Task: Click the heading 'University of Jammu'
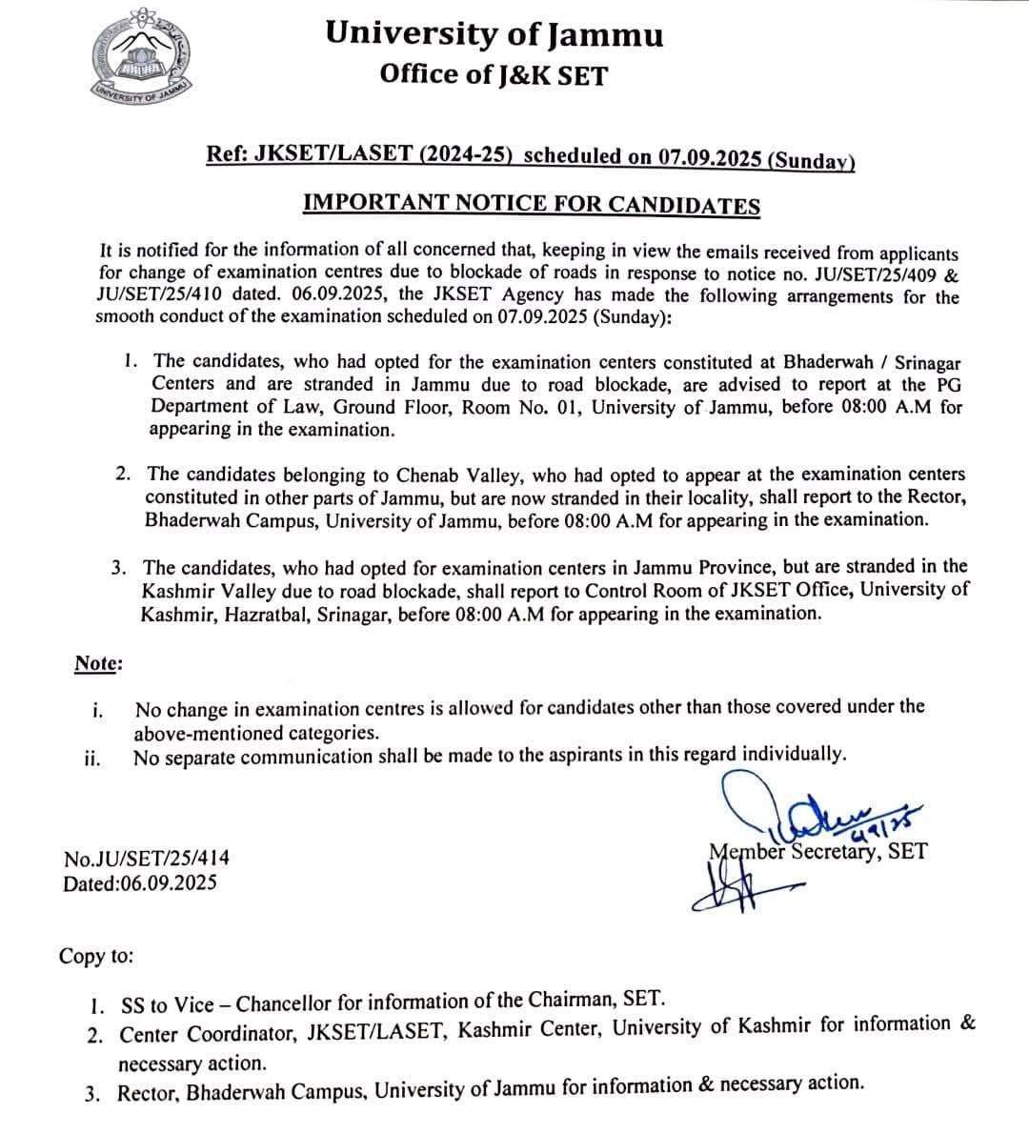point(494,33)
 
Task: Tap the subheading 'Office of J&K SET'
point(493,73)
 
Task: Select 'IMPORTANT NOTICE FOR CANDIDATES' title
point(531,204)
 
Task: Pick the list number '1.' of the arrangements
point(131,361)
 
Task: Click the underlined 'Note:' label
point(98,663)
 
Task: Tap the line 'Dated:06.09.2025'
point(139,882)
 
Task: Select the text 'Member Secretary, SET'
point(817,851)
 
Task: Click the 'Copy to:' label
point(96,956)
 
